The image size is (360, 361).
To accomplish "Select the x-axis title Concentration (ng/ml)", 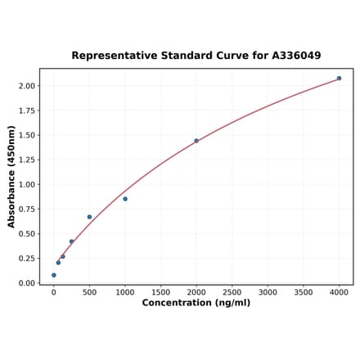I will [196, 303].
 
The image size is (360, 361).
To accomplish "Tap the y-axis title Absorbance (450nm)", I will [11, 176].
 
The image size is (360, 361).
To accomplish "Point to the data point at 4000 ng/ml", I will [339, 79].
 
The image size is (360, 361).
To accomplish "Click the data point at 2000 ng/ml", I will [196, 141].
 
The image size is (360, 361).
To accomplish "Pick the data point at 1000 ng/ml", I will [125, 199].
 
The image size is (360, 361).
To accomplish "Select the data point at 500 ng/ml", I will [89, 217].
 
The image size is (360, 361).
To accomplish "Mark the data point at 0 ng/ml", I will [54, 275].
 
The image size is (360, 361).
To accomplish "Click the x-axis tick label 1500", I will [160, 291].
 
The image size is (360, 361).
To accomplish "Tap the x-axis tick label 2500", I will [232, 291].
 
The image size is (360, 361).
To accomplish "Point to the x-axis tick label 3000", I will [268, 291].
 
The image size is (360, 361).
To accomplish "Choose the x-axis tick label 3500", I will [303, 291].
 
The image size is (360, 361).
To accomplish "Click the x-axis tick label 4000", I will [339, 291].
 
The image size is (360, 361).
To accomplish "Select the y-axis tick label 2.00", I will [26, 86].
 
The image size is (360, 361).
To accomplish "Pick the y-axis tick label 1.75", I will [26, 111].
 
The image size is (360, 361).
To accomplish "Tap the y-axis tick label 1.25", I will [26, 160].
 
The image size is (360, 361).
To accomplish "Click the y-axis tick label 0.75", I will [26, 209].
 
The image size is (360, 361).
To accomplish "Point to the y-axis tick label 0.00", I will [26, 283].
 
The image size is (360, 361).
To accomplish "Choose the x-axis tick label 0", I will [54, 291].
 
